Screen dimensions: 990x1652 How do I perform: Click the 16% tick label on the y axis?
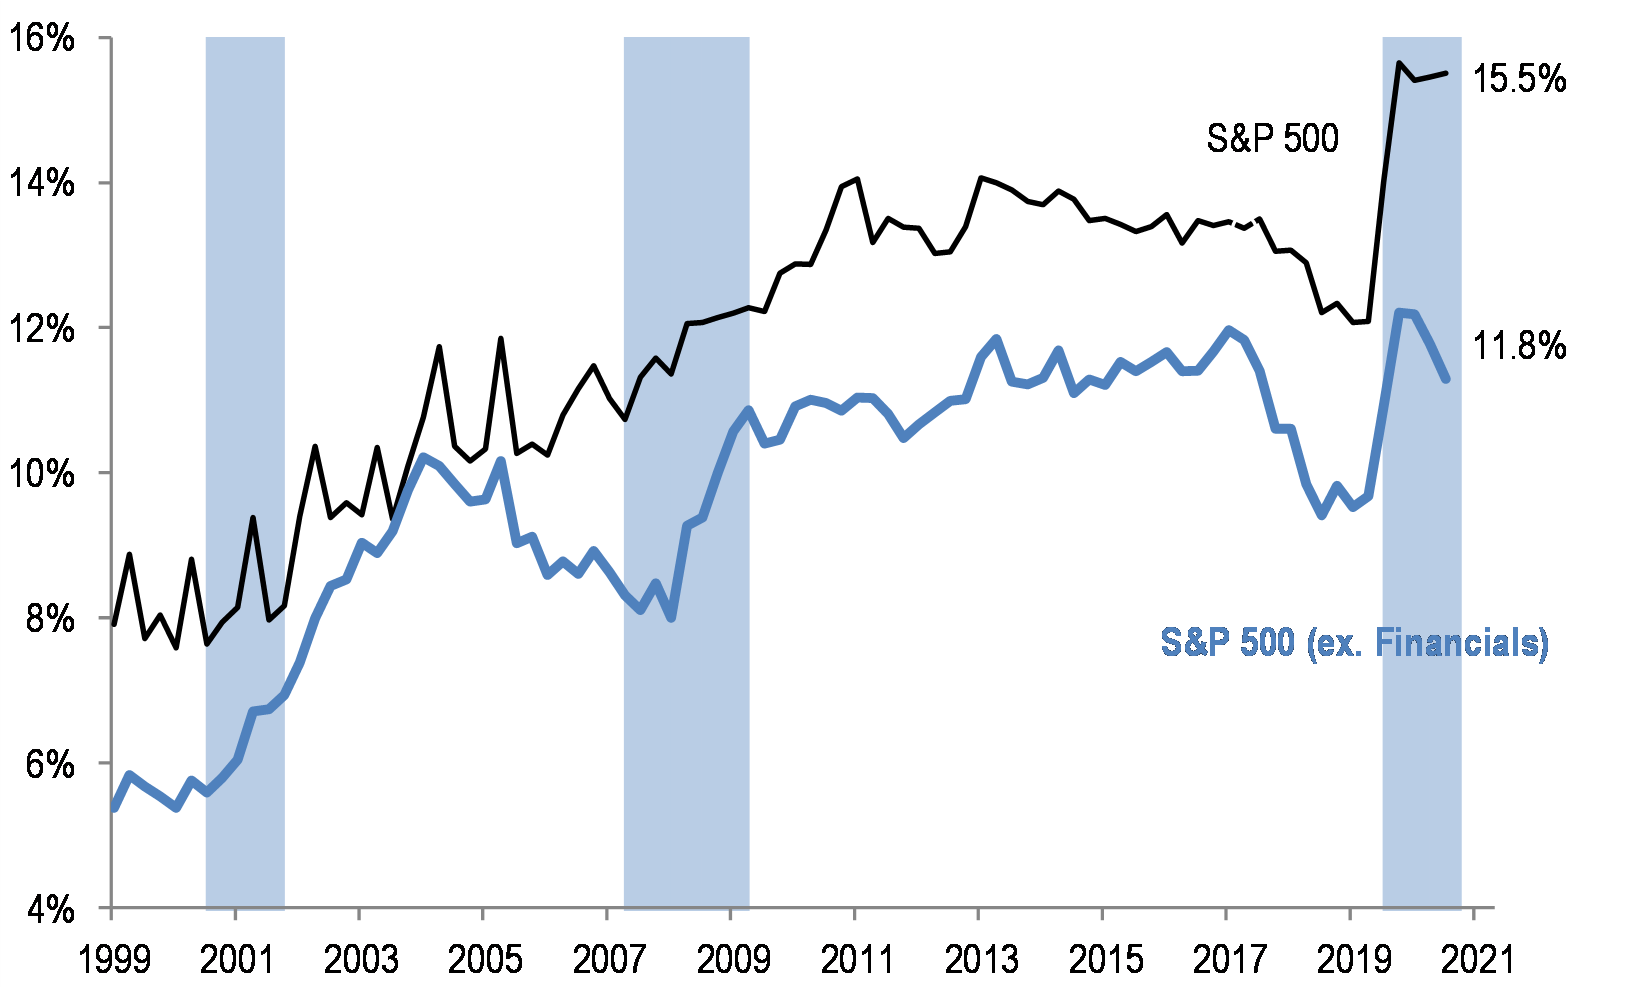(x=41, y=38)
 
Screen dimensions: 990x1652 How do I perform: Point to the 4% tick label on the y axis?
(x=48, y=909)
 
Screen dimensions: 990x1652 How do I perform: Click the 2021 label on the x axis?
(x=1476, y=960)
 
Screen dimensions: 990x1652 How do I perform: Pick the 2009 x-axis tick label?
(x=734, y=960)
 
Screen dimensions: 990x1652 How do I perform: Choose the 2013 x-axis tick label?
(x=982, y=960)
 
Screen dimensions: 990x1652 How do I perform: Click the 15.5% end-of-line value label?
(x=1519, y=79)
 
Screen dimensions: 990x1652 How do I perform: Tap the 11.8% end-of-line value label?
(x=1519, y=347)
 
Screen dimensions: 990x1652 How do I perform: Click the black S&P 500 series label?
(x=1272, y=139)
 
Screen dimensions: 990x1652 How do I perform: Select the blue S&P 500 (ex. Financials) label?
(x=1354, y=642)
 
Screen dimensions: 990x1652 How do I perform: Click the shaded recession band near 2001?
(x=245, y=470)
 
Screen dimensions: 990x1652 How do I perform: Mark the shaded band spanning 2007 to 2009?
(x=686, y=470)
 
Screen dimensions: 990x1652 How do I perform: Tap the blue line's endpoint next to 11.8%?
(x=1446, y=379)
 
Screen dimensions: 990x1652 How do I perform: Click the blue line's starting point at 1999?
(x=114, y=808)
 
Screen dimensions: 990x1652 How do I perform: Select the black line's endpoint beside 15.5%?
(x=1446, y=73)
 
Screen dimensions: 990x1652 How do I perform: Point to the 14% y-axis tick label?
(x=41, y=183)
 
